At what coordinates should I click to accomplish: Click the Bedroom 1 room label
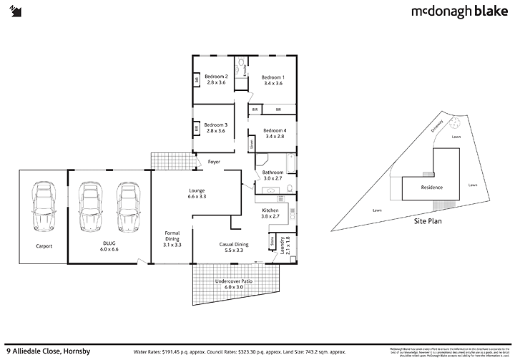(272, 80)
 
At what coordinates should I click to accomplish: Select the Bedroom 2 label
(216, 80)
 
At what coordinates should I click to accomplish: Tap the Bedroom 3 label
(216, 127)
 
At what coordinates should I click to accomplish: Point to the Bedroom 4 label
(274, 133)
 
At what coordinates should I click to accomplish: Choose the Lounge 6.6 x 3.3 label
(197, 193)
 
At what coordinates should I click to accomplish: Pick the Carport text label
(44, 245)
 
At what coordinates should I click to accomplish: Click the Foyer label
(214, 162)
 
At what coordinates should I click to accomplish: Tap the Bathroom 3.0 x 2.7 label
(273, 176)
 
